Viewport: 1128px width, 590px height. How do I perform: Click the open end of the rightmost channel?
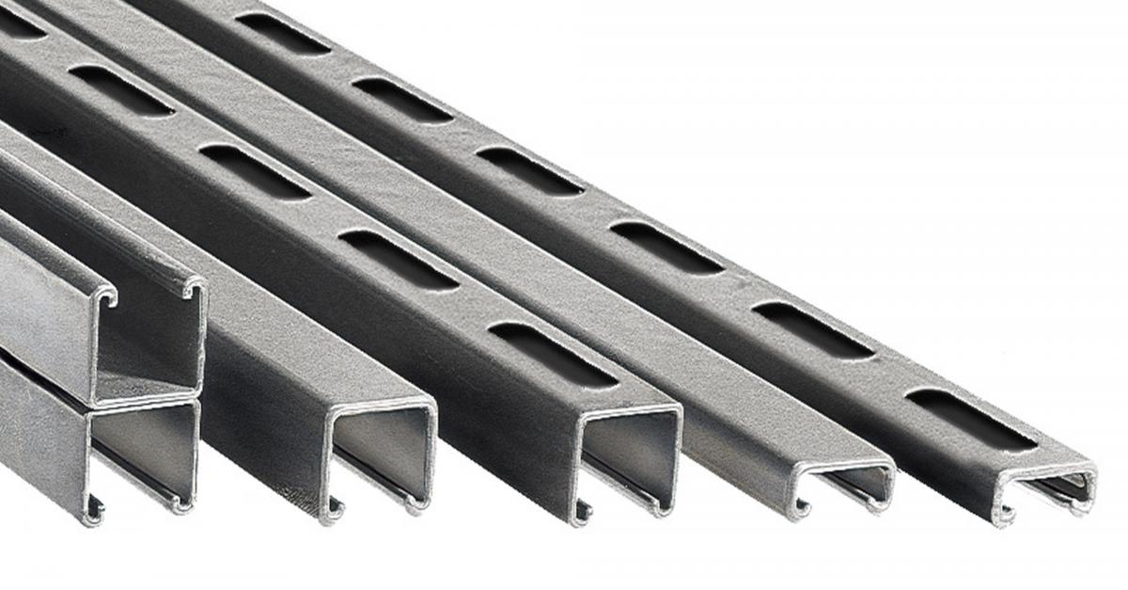coord(1045,490)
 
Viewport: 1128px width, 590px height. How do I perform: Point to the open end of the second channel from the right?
coord(843,486)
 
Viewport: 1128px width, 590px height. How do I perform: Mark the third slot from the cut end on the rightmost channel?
coord(666,247)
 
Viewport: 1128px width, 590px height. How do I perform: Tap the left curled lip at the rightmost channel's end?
coord(1007,514)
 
